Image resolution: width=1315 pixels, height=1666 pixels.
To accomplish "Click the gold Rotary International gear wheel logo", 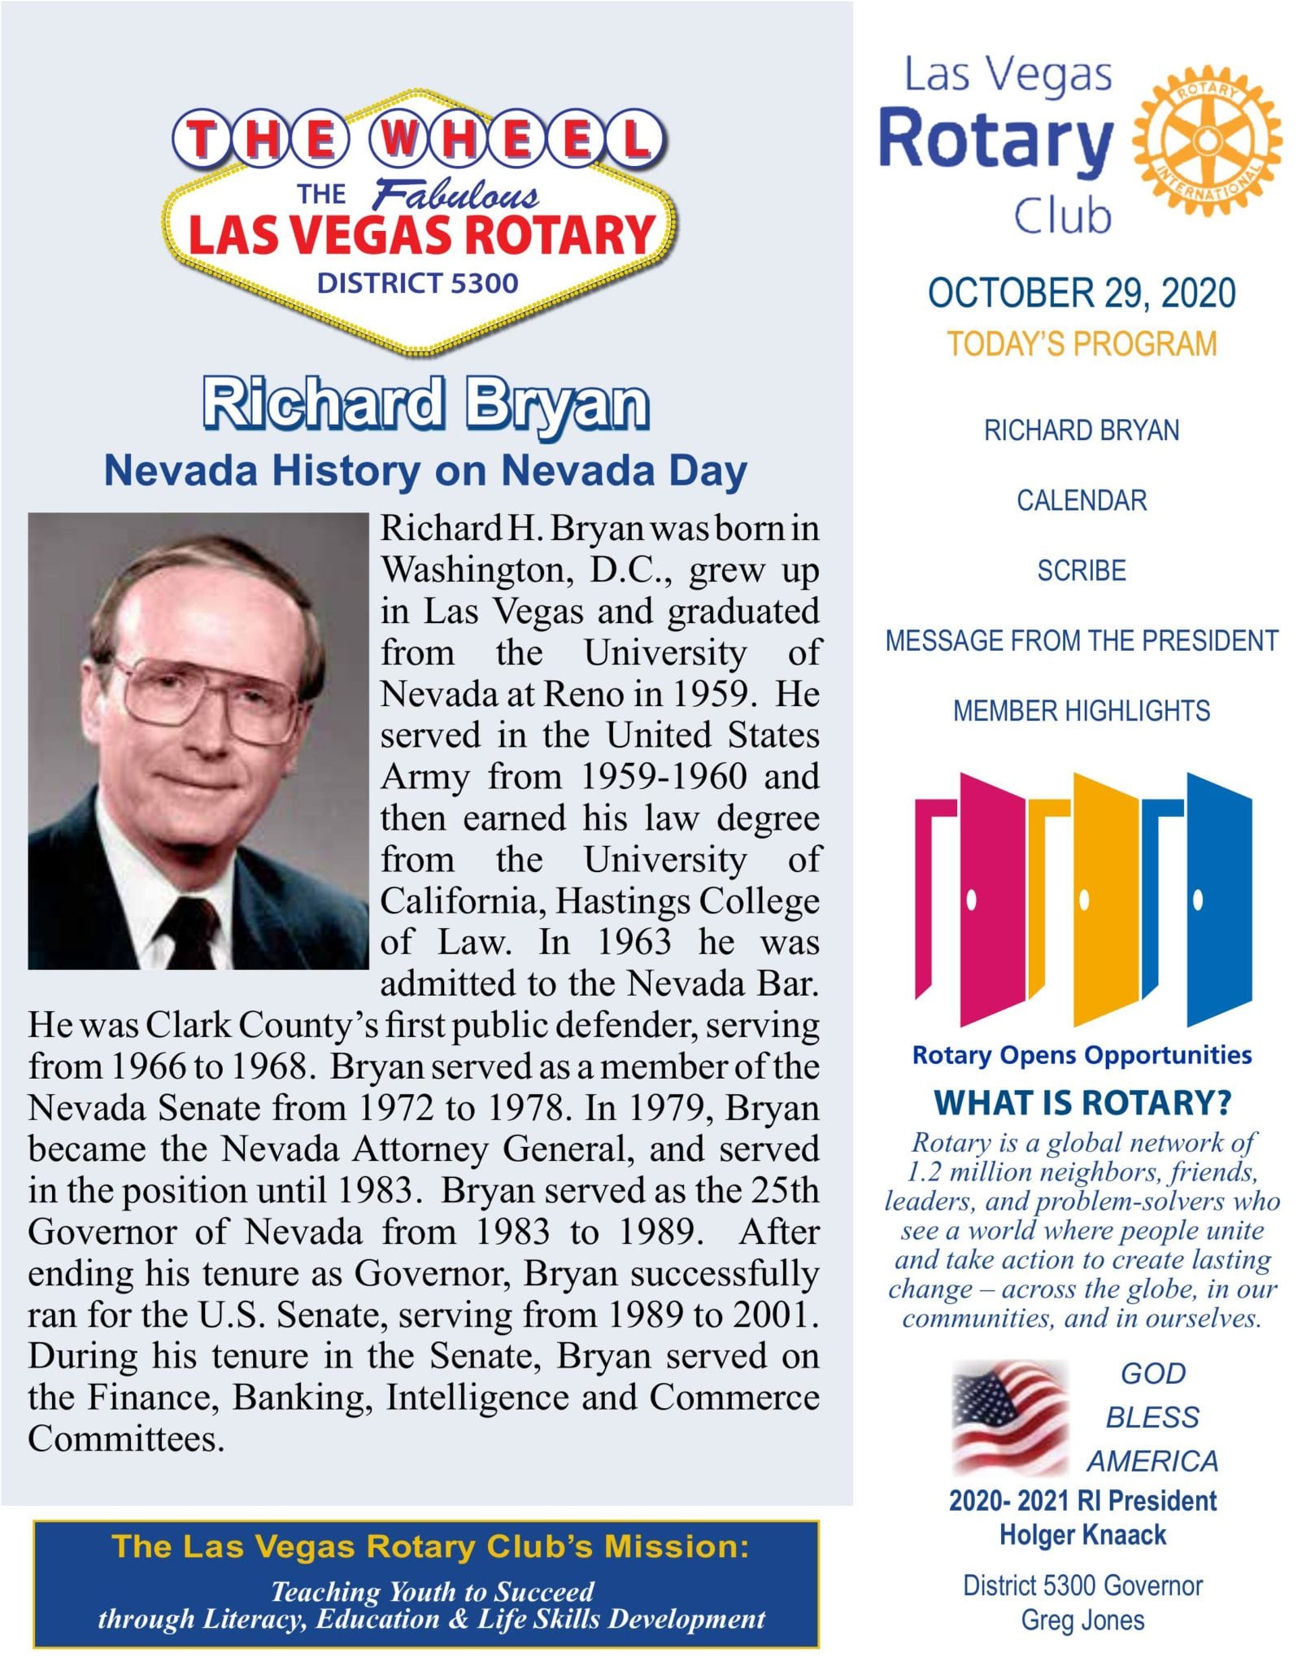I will (x=1208, y=141).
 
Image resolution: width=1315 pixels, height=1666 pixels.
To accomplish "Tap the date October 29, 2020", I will (x=1082, y=294).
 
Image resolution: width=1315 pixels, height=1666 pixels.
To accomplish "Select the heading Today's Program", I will (x=1082, y=344).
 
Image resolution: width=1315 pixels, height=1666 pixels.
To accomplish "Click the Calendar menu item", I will (x=1082, y=500).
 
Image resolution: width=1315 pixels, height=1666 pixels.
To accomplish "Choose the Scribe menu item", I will (x=1082, y=571).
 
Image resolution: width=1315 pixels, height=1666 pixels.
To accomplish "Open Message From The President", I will (x=1082, y=641).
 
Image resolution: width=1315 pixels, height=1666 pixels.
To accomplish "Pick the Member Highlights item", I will (x=1082, y=711).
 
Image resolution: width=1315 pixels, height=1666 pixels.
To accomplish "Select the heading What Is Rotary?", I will (x=1082, y=1103).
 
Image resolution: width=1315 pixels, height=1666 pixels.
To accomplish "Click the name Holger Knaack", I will (x=1082, y=1535).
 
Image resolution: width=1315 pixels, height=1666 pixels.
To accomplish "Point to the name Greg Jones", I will (x=1082, y=1620).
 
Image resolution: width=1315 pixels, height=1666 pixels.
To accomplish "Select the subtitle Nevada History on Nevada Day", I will (x=425, y=471).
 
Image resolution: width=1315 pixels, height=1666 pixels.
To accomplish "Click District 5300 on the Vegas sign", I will (x=417, y=283).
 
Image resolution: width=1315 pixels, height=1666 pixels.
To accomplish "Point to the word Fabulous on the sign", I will (x=455, y=195).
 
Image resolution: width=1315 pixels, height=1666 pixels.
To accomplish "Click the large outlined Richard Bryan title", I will (x=425, y=404).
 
